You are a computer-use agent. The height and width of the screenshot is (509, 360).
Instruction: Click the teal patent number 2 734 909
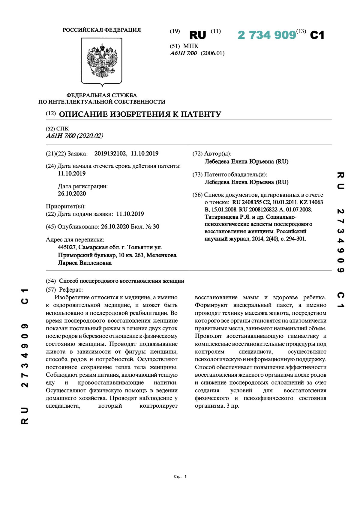(x=267, y=35)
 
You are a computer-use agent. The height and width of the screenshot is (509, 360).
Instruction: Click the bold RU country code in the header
(x=198, y=35)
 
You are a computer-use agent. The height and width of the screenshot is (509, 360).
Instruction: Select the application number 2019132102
(x=110, y=154)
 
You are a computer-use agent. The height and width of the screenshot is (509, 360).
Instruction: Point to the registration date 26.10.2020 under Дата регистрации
(x=72, y=194)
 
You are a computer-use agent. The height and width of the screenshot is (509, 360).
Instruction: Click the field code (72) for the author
(x=197, y=154)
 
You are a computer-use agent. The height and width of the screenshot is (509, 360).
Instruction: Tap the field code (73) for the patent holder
(x=197, y=175)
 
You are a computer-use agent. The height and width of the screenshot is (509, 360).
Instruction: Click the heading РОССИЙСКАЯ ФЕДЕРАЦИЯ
(x=102, y=30)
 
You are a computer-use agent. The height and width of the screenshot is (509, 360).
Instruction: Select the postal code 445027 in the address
(x=67, y=247)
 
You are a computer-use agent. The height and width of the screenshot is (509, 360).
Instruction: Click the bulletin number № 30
(x=152, y=227)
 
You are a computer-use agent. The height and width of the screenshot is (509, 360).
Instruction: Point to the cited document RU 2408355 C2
(x=251, y=202)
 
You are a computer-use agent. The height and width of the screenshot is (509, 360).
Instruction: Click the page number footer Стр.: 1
(x=180, y=477)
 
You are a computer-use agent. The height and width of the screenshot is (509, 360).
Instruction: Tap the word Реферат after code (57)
(x=71, y=290)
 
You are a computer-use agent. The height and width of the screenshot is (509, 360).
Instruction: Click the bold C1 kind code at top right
(x=317, y=35)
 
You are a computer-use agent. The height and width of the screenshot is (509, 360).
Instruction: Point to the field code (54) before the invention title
(x=51, y=281)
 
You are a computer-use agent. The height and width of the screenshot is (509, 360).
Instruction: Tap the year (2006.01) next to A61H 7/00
(x=212, y=53)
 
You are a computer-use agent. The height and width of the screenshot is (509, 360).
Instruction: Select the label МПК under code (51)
(x=191, y=46)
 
